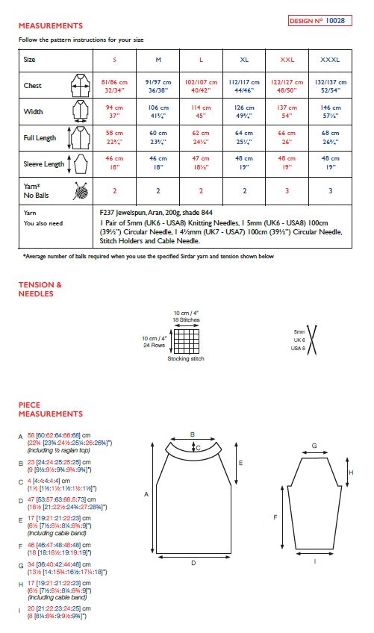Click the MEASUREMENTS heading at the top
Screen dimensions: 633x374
tap(51, 25)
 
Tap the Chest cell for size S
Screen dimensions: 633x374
tap(115, 86)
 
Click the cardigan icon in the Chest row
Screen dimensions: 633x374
tap(79, 86)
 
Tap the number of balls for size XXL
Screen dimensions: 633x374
tap(287, 190)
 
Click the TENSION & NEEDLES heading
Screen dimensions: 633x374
tap(40, 289)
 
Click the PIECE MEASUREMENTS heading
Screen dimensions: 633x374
tap(51, 409)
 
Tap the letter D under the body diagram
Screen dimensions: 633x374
tap(193, 564)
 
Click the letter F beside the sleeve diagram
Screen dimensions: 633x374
tap(275, 517)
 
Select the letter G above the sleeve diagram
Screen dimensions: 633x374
tap(314, 446)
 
